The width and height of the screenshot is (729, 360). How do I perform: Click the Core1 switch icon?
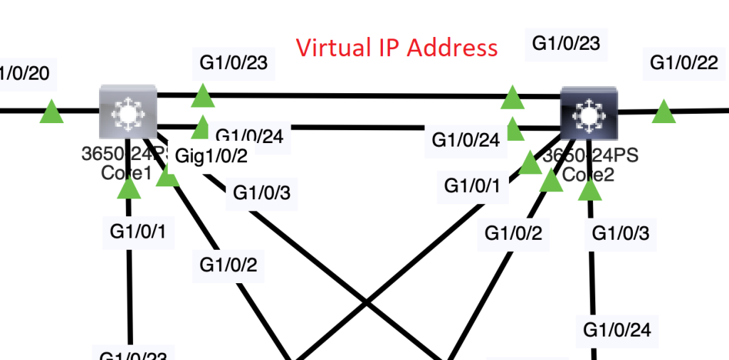tap(127, 112)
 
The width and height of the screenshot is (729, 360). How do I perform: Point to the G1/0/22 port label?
tap(683, 63)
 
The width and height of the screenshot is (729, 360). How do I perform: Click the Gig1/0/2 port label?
tap(211, 156)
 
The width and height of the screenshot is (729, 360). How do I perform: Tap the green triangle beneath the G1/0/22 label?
tap(664, 112)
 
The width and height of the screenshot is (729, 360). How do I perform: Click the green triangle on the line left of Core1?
tap(51, 111)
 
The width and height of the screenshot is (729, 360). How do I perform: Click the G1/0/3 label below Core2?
tap(621, 232)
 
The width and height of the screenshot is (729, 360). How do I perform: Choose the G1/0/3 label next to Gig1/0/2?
tap(261, 192)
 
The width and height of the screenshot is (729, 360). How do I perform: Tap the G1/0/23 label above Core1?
tap(234, 62)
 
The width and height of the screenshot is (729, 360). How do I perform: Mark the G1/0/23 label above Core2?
tap(567, 43)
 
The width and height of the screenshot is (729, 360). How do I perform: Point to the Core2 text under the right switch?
tap(589, 174)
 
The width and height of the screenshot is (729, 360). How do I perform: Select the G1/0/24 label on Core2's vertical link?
tap(617, 329)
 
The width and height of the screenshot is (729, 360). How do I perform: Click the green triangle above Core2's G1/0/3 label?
tap(589, 189)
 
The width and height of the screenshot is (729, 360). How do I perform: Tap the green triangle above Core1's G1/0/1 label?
tap(129, 188)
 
